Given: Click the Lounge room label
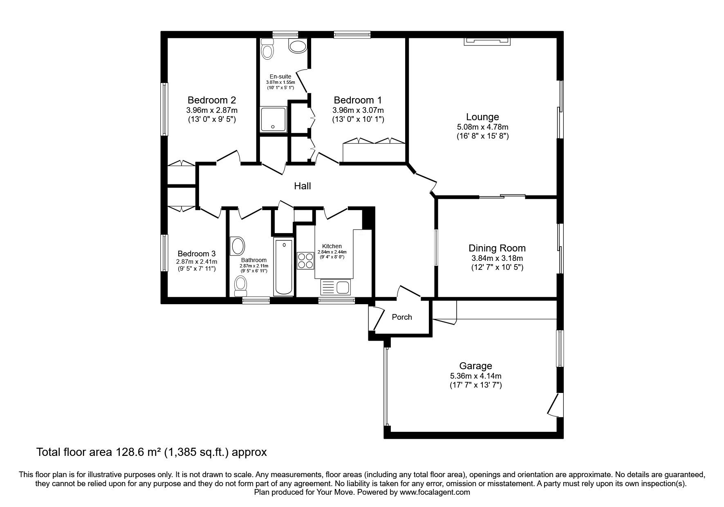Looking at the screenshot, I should coord(482,117).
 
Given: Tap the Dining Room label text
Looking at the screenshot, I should coord(497,248).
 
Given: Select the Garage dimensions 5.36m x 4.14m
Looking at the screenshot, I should coord(475,376).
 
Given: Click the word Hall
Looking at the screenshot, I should coord(303,186).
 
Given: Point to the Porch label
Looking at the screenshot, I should coord(402,317).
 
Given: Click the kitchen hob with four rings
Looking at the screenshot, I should coord(305,260).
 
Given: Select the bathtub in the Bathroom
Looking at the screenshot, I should coord(283,267).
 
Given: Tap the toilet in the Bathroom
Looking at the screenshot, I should coord(241,285).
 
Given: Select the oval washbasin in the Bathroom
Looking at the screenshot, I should coord(238,246).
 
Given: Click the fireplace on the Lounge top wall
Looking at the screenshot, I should coord(486,41).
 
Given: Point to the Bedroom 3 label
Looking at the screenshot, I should coord(197,253).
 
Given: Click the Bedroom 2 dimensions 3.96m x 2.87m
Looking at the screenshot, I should coord(211,110).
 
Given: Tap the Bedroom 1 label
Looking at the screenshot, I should coord(358,100).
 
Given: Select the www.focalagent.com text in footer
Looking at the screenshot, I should coord(435,492).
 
